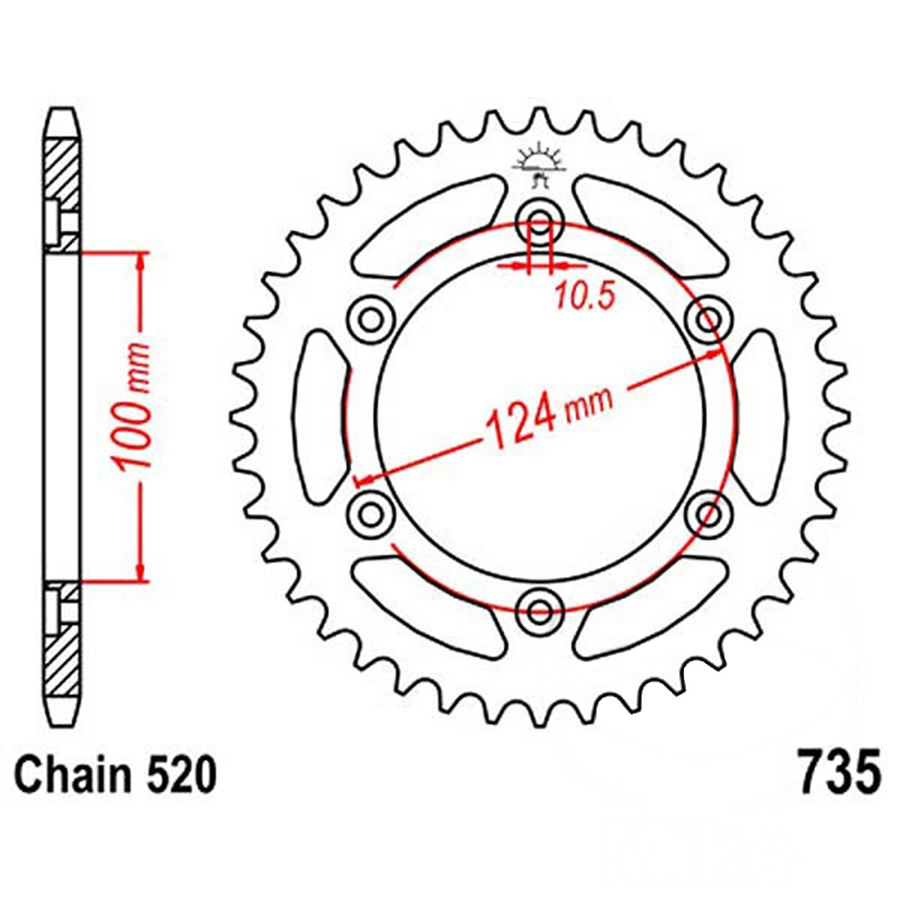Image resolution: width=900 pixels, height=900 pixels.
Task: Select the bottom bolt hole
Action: coord(540,611)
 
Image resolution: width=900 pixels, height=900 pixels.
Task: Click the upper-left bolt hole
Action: coord(370,317)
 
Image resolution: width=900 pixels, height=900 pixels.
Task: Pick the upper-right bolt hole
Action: coord(710,317)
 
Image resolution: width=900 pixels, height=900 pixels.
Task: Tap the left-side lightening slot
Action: coord(319,415)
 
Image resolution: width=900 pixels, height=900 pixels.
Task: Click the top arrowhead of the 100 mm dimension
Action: coord(140,261)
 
